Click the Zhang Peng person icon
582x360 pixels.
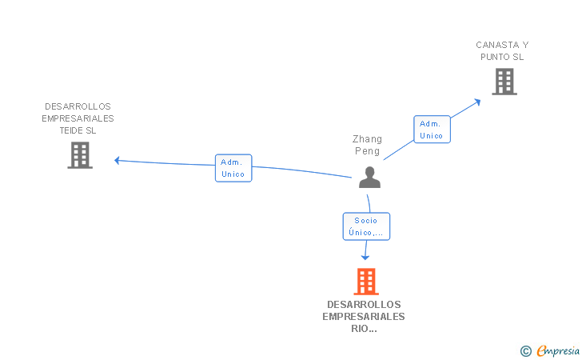(369, 177)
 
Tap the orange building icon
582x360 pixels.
(365, 282)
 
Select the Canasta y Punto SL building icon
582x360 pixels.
(504, 82)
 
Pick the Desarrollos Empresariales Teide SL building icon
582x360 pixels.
(80, 155)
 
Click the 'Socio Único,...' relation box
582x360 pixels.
(366, 226)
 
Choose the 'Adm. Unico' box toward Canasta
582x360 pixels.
(432, 130)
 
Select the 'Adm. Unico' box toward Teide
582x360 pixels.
(233, 168)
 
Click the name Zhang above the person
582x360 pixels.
(368, 139)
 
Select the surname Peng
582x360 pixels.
(368, 151)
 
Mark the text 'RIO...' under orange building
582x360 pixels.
(364, 329)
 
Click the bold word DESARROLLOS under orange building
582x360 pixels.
(364, 305)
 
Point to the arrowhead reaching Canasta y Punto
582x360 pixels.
(478, 101)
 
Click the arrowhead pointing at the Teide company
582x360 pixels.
(117, 160)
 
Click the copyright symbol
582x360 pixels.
(525, 350)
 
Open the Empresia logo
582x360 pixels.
(558, 350)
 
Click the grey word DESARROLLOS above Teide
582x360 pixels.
(78, 106)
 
